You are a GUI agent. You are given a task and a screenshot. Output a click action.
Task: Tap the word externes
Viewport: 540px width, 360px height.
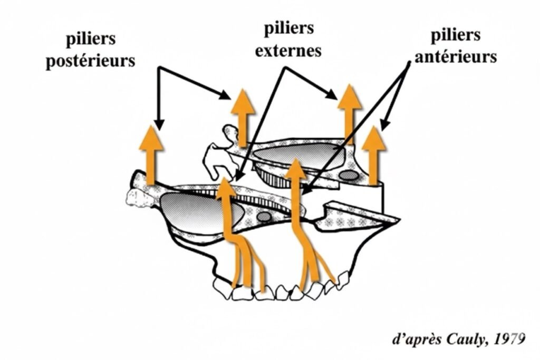(292, 52)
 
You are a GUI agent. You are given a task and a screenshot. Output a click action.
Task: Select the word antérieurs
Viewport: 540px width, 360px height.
(456, 56)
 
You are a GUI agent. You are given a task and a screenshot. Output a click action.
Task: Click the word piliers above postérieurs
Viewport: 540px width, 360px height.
(91, 41)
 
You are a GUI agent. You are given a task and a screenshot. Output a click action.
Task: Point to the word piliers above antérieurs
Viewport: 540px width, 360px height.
(456, 36)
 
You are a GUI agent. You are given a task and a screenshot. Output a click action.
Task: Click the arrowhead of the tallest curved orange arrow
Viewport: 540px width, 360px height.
(295, 168)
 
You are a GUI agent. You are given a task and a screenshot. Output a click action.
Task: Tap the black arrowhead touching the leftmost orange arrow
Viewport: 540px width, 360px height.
(157, 124)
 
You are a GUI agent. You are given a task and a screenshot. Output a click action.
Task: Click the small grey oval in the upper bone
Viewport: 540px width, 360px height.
(348, 174)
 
